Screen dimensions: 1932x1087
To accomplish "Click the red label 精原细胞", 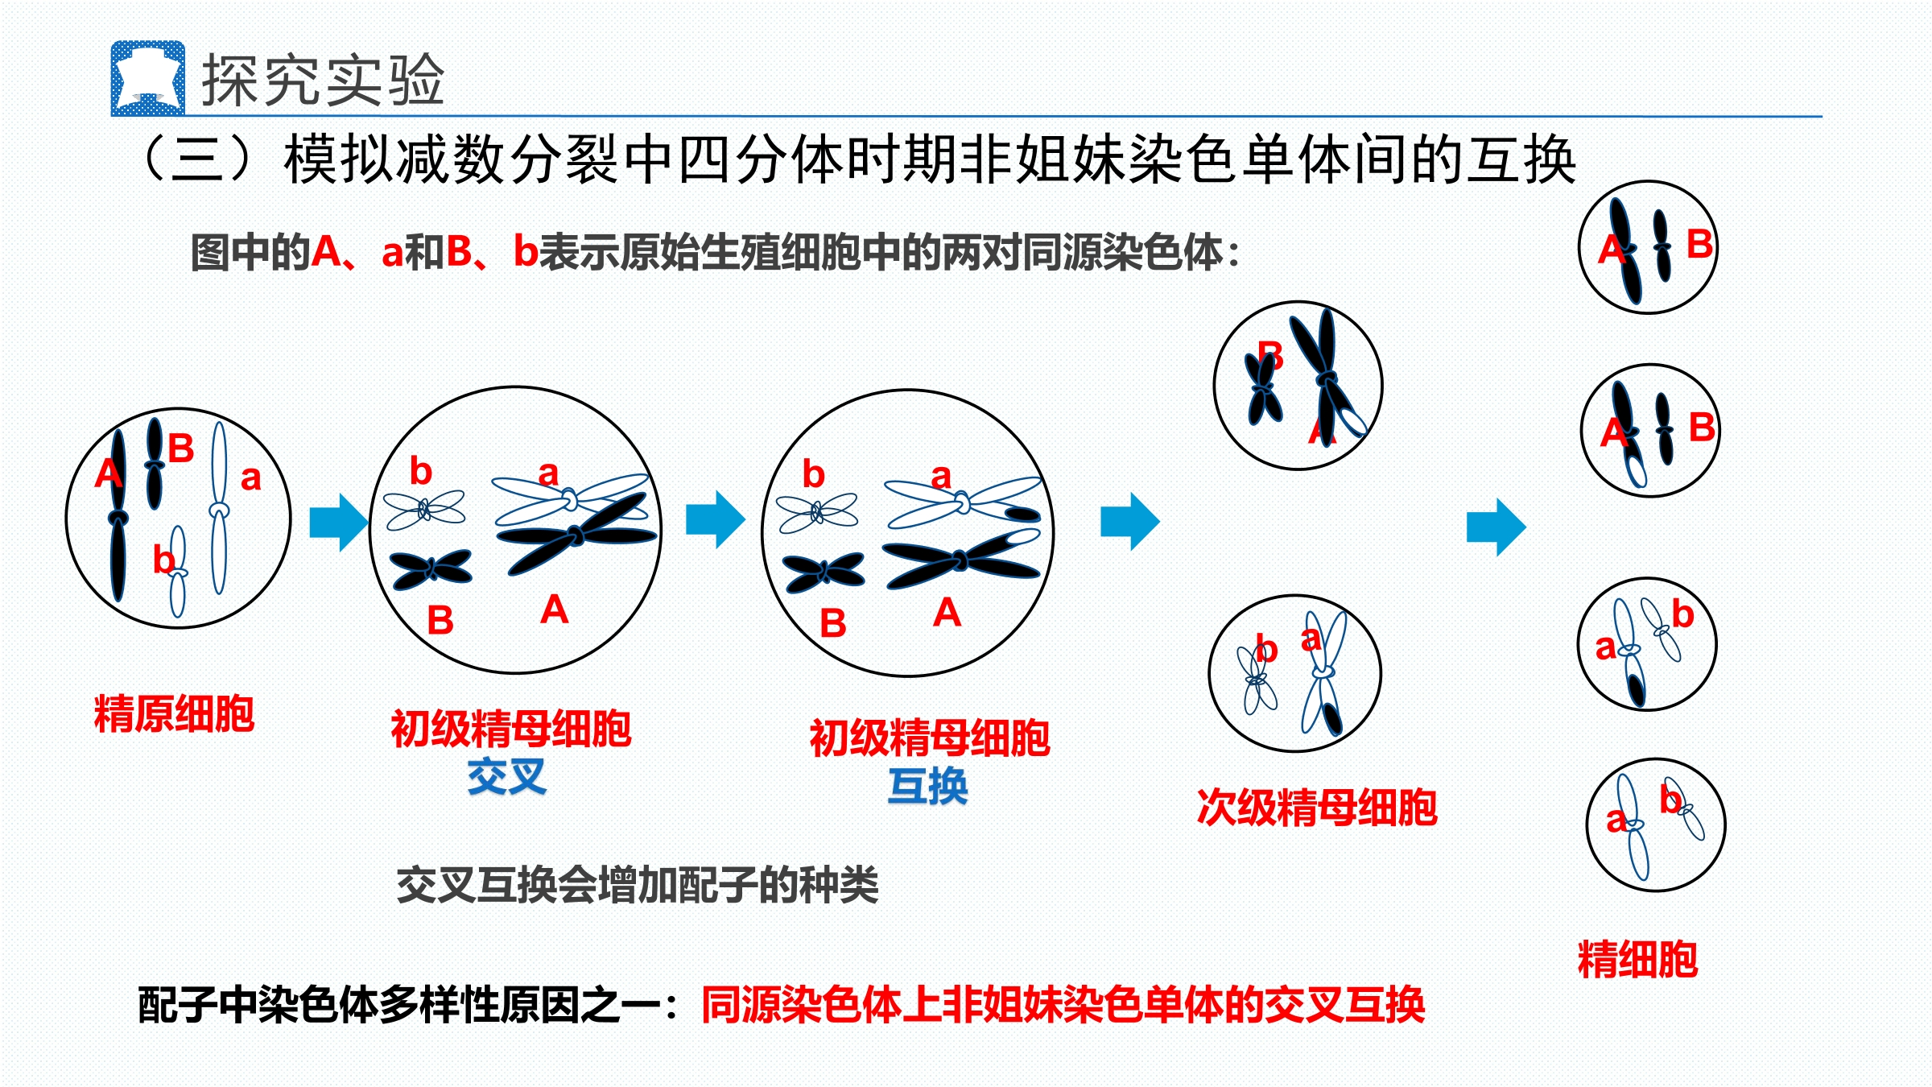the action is (x=174, y=713).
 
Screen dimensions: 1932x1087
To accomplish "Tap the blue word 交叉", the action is (x=507, y=777).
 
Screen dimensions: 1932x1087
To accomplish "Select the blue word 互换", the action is (x=927, y=786).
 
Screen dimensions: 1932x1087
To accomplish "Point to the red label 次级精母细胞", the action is (x=1317, y=808).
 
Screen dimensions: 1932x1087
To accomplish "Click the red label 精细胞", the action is (x=1638, y=959).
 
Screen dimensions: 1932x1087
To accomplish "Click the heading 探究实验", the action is (x=323, y=81).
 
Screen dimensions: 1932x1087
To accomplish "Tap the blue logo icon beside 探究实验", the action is (x=148, y=78).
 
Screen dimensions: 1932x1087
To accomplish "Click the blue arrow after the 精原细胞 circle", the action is (x=339, y=523).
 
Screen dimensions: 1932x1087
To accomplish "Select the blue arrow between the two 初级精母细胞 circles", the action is (x=716, y=520).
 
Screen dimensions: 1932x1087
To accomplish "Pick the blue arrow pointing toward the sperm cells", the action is (x=1496, y=527).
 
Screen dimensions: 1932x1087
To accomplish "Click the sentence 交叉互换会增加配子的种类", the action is (x=638, y=885).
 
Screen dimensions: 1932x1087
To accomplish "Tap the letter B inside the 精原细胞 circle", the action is (x=181, y=448).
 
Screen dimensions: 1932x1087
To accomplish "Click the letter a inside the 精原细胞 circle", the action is (x=251, y=479).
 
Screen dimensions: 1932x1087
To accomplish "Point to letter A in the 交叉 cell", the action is (x=555, y=610).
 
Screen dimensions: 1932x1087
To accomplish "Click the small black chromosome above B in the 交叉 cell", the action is (x=431, y=569).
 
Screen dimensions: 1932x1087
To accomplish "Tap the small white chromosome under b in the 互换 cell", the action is (x=818, y=512).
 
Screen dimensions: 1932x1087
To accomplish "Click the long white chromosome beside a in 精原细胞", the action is (x=219, y=508).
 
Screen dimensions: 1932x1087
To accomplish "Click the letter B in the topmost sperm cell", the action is (x=1699, y=244).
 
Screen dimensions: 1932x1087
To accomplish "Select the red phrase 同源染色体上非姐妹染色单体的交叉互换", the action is (x=1063, y=1005).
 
